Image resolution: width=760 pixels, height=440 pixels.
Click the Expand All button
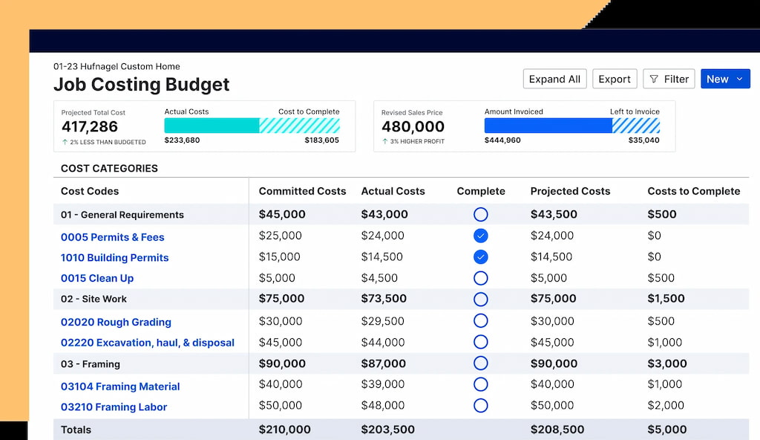click(554, 80)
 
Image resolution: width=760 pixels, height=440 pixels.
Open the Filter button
click(669, 80)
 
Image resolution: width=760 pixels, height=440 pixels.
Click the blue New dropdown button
click(725, 80)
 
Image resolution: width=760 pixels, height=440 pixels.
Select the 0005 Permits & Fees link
click(113, 237)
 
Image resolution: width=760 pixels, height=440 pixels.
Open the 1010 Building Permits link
click(114, 257)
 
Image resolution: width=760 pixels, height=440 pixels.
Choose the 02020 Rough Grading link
click(116, 322)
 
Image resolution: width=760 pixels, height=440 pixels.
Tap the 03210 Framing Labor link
click(114, 407)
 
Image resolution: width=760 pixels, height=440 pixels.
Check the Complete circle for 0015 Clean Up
click(481, 278)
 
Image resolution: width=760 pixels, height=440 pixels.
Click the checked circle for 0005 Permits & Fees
click(481, 236)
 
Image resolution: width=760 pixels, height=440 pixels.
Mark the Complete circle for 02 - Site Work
click(481, 300)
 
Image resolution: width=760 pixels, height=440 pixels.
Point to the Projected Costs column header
click(570, 191)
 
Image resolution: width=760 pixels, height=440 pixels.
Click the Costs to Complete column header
click(694, 191)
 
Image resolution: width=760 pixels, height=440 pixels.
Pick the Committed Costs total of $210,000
click(284, 430)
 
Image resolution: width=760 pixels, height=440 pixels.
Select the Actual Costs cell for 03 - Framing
click(384, 363)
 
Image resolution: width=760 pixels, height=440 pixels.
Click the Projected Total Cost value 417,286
click(90, 127)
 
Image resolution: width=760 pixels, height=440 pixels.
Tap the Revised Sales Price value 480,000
click(413, 127)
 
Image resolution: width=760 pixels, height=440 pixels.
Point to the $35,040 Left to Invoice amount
click(643, 140)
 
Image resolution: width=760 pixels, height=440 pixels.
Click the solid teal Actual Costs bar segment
click(212, 126)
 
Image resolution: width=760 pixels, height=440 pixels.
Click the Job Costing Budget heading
click(142, 85)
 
